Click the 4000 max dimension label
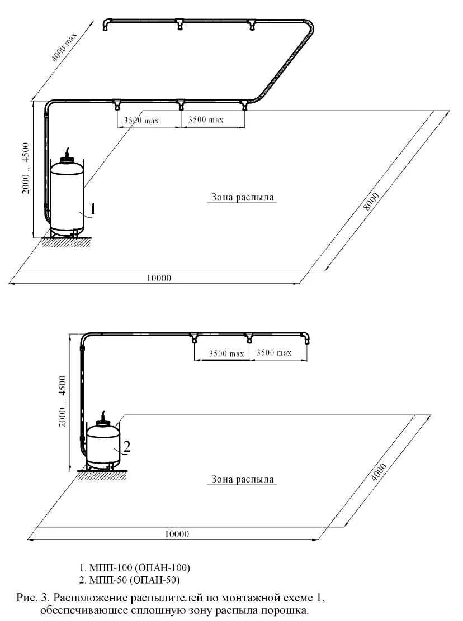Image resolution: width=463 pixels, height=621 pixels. (x=64, y=47)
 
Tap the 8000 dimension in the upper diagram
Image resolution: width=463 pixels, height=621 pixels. (x=371, y=202)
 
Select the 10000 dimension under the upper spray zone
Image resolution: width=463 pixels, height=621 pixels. (x=159, y=278)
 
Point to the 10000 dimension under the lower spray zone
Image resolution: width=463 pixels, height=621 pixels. (x=177, y=534)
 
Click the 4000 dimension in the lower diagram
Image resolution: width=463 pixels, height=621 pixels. (x=379, y=472)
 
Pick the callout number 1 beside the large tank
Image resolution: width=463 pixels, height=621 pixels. (x=92, y=209)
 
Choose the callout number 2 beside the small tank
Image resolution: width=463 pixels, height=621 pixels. (x=126, y=446)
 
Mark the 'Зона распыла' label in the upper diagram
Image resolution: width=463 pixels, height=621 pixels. (x=242, y=197)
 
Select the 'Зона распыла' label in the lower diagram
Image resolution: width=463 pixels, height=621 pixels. (x=242, y=479)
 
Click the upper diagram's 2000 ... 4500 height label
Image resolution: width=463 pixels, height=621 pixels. (x=26, y=168)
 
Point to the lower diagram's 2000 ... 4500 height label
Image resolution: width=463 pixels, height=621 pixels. (x=63, y=401)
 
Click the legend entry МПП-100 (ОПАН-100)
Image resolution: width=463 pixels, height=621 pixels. (x=135, y=567)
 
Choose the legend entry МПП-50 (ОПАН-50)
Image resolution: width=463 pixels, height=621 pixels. (x=130, y=580)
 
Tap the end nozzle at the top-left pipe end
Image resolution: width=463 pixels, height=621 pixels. (x=106, y=25)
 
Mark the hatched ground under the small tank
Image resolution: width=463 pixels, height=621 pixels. (x=102, y=475)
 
